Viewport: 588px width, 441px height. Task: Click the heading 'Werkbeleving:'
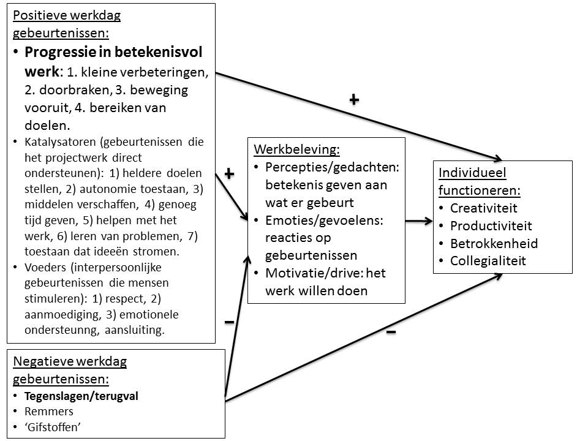click(296, 149)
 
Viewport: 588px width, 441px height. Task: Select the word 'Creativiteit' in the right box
click(483, 208)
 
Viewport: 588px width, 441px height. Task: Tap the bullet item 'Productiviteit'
click(491, 226)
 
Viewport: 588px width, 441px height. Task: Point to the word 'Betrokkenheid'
click(494, 244)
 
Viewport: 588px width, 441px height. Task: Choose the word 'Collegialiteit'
click(488, 261)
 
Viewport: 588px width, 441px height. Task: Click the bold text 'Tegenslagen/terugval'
click(81, 396)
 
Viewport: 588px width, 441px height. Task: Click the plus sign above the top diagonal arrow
click(353, 99)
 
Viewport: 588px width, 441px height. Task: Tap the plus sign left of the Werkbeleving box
click(229, 174)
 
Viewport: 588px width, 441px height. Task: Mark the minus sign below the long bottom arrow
click(391, 332)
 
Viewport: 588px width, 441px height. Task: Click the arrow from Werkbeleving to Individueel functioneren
click(418, 221)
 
